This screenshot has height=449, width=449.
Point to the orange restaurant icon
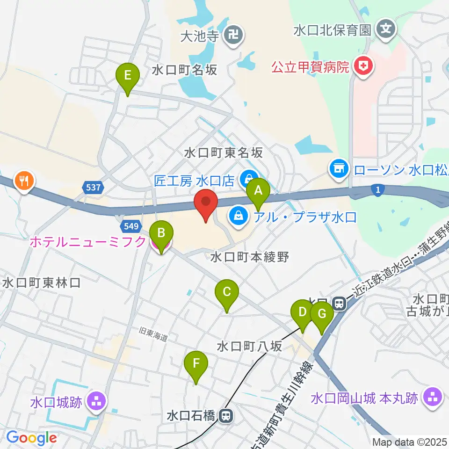click(x=23, y=179)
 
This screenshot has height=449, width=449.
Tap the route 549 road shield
click(x=130, y=226)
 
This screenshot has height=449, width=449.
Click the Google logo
click(x=31, y=438)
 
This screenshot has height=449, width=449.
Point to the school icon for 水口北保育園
click(x=386, y=30)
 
